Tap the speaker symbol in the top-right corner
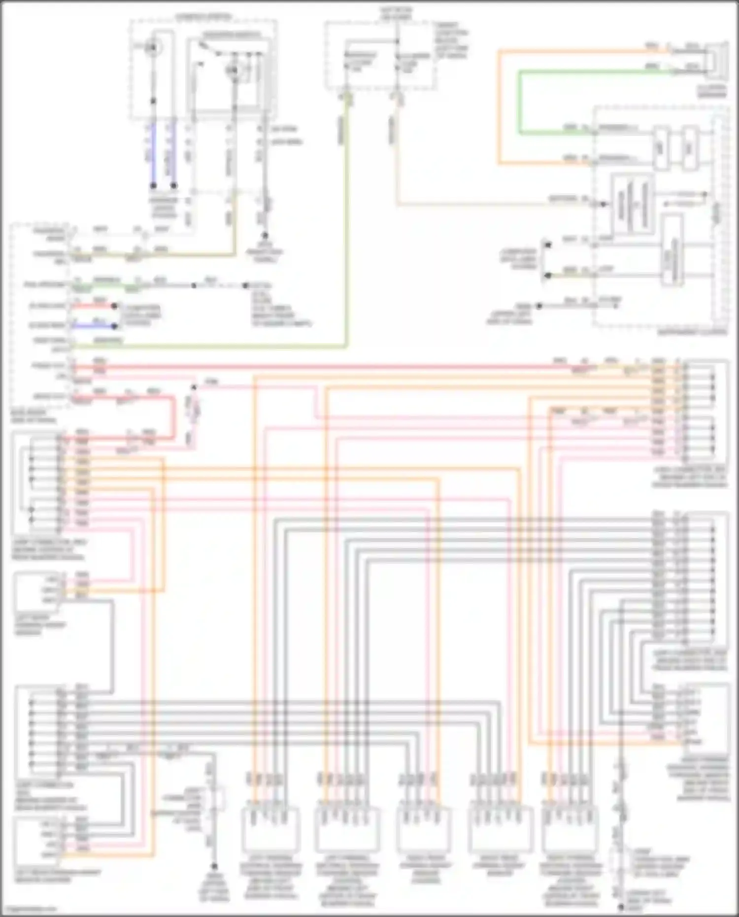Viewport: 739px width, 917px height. pos(716,62)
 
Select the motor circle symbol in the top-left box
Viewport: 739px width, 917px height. pos(153,48)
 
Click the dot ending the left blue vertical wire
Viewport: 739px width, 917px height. pos(153,186)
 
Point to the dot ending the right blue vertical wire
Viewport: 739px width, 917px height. pos(173,186)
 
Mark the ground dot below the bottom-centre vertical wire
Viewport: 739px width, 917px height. pos(214,866)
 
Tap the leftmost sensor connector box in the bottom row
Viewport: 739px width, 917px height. pos(270,830)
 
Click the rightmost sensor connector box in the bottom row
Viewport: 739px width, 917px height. pos(570,830)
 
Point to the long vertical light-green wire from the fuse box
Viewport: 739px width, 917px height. pos(347,222)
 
